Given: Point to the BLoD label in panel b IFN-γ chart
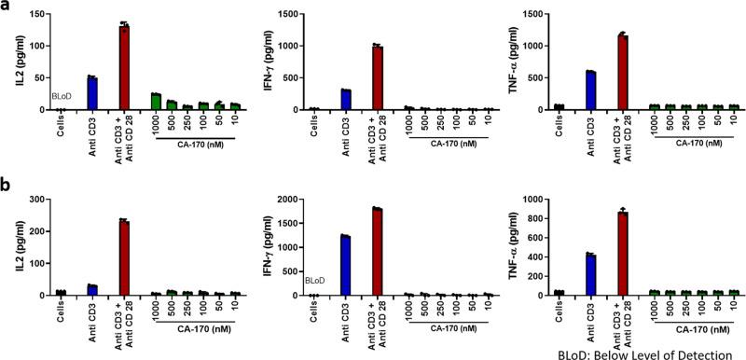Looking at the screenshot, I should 317,279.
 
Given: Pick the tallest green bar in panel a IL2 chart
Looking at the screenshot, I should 157,102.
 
